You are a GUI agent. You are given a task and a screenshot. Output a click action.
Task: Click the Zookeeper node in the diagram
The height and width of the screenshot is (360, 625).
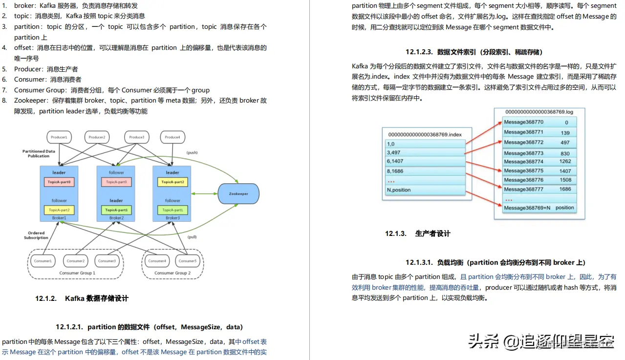click(x=238, y=194)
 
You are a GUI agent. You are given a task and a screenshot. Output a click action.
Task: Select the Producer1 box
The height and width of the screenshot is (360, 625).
click(x=59, y=137)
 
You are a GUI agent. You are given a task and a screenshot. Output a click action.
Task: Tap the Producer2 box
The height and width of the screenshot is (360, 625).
click(x=97, y=137)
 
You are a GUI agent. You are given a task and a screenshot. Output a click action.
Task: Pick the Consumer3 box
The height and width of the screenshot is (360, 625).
click(x=107, y=261)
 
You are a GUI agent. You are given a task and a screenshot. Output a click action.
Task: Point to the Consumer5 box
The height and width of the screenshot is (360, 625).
click(x=188, y=261)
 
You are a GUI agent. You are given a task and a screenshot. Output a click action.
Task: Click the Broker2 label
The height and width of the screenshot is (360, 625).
click(x=116, y=218)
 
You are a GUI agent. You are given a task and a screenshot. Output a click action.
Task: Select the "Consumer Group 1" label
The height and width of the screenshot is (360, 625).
click(x=77, y=273)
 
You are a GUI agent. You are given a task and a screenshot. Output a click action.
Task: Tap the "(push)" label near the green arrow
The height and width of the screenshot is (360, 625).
click(x=192, y=153)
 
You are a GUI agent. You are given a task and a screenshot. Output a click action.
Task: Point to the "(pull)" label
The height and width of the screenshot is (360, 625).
click(x=192, y=237)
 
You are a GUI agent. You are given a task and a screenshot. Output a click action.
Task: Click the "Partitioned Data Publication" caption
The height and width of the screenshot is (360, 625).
click(x=39, y=153)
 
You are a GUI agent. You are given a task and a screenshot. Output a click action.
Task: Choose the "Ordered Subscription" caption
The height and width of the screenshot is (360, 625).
click(x=36, y=235)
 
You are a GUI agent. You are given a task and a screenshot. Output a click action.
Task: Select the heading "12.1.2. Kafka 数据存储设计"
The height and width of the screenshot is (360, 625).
click(x=82, y=298)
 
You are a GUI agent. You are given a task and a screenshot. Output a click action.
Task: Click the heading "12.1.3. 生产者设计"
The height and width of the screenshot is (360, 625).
click(x=418, y=233)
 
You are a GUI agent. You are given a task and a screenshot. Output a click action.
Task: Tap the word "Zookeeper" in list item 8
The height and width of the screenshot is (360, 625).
click(x=31, y=100)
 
